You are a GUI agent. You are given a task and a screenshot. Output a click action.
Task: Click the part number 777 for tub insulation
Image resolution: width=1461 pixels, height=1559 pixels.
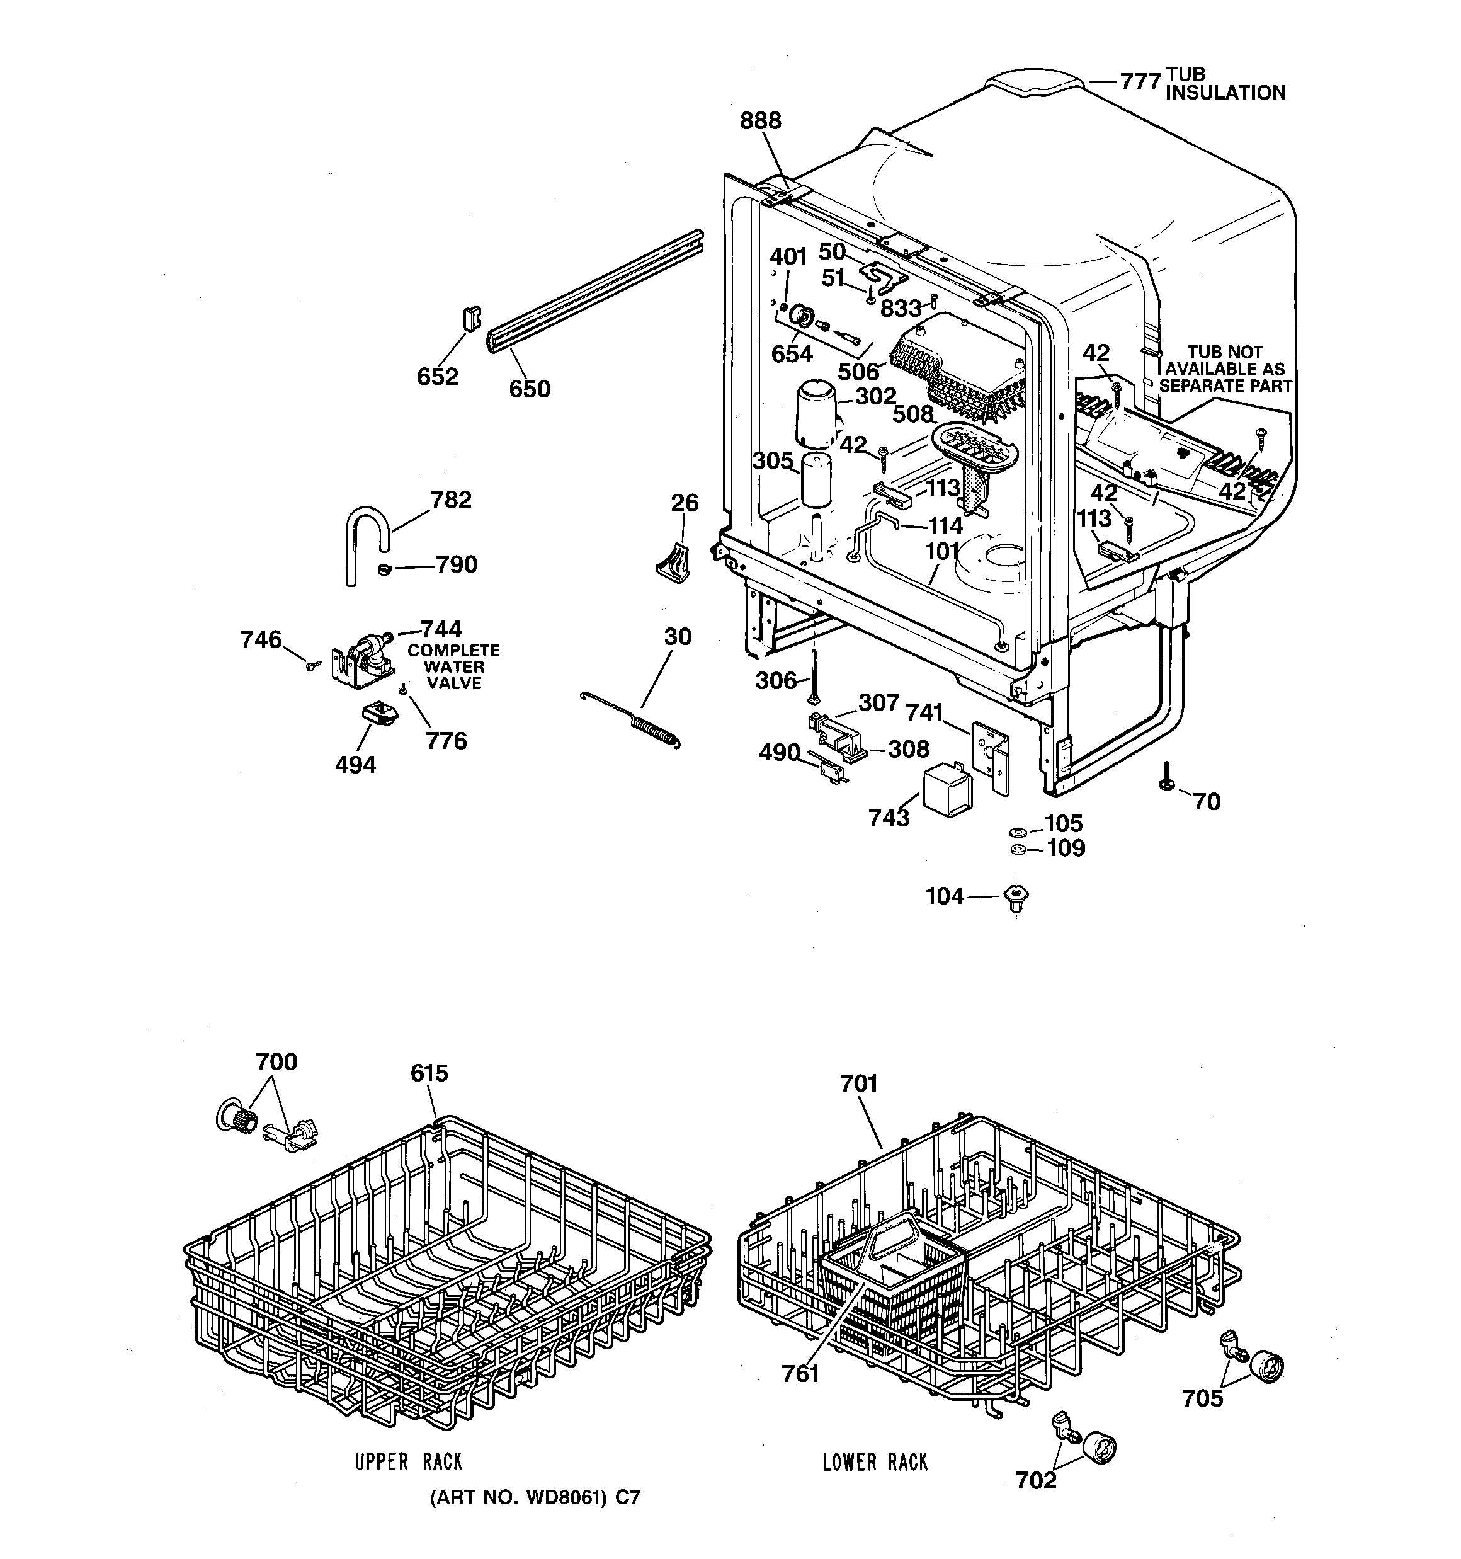(1139, 81)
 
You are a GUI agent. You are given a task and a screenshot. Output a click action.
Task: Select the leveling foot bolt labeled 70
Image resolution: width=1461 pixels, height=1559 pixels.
(1167, 777)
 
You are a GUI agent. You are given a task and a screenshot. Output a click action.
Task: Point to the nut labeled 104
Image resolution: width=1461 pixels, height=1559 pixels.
(1016, 896)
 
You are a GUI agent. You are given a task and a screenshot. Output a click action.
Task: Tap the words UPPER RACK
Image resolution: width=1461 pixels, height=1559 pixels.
(409, 1462)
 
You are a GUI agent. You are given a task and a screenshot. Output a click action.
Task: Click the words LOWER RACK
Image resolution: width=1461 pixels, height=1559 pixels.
(875, 1462)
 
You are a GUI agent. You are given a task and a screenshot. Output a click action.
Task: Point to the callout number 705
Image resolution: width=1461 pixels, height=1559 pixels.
(1202, 1398)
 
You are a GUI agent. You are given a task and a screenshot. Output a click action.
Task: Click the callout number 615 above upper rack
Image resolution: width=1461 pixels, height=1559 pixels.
(429, 1073)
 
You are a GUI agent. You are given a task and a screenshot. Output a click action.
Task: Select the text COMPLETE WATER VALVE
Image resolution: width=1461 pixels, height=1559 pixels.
(453, 666)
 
